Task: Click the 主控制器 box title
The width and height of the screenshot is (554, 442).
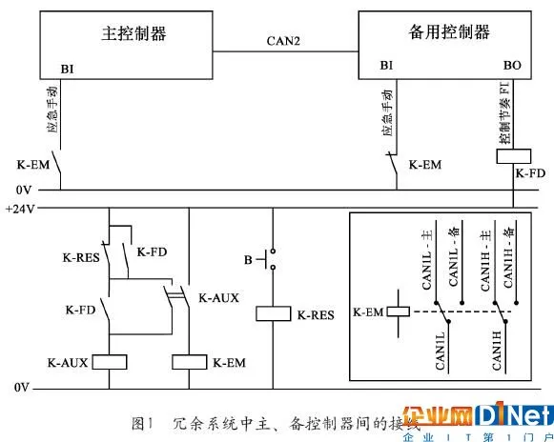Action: (x=133, y=34)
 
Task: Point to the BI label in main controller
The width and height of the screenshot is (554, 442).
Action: (x=68, y=69)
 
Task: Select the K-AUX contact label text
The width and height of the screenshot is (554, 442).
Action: (x=218, y=298)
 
